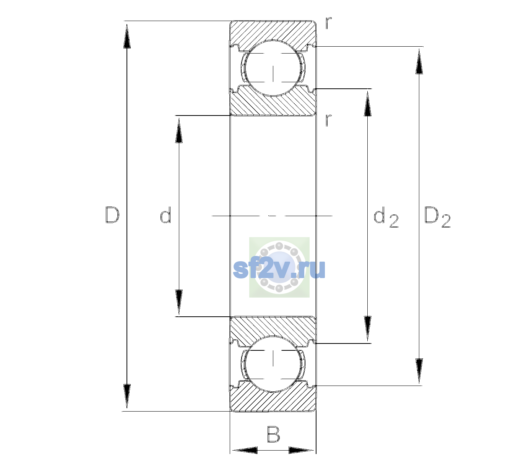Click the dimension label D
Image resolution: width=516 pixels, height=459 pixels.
tap(112, 215)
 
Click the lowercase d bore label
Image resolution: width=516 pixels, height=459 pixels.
tap(166, 215)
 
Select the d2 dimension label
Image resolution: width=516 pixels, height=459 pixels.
tap(386, 217)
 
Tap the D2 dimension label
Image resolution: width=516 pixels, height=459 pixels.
tap(437, 217)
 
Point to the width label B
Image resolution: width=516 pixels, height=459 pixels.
tap(273, 434)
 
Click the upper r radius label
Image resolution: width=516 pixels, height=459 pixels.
tap(329, 23)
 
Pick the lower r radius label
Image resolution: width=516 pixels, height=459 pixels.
tap(329, 120)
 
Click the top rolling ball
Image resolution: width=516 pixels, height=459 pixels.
tap(273, 68)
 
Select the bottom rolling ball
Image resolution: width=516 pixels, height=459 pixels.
tap(273, 363)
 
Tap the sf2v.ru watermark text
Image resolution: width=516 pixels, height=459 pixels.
tap(279, 269)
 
